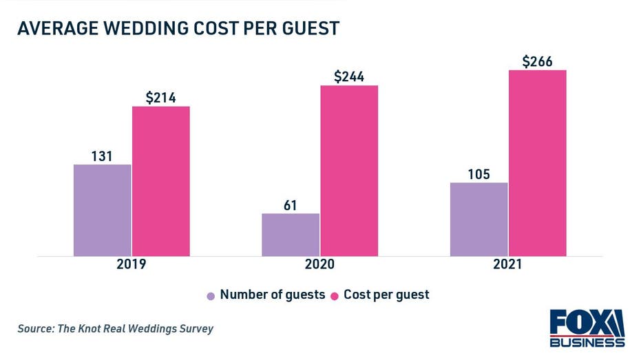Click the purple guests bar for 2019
pyautogui.click(x=102, y=210)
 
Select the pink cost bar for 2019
pyautogui.click(x=161, y=181)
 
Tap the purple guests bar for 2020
pyautogui.click(x=291, y=235)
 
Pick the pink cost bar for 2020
pyautogui.click(x=349, y=171)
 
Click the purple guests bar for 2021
pyautogui.click(x=479, y=219)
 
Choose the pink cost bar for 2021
pyautogui.click(x=538, y=163)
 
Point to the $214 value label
pyautogui.click(x=161, y=98)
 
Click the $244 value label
pyautogui.click(x=349, y=77)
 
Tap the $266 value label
pyautogui.click(x=538, y=61)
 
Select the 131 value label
pyautogui.click(x=102, y=156)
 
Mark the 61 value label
pyautogui.click(x=291, y=205)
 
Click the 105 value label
pyautogui.click(x=479, y=174)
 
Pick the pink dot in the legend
pyautogui.click(x=335, y=295)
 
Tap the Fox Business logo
pyautogui.click(x=587, y=328)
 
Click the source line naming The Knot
pyautogui.click(x=116, y=328)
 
